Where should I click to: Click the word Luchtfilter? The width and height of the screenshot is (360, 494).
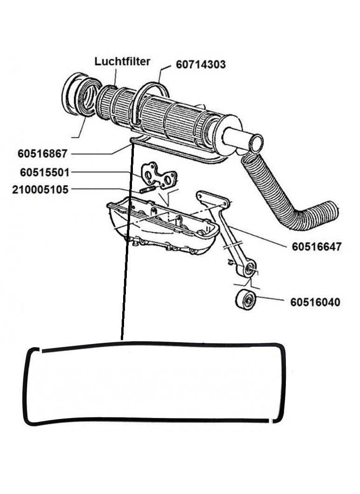(x=122, y=62)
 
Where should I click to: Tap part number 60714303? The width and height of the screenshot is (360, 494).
(x=201, y=65)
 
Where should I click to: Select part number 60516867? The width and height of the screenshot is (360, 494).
(x=42, y=154)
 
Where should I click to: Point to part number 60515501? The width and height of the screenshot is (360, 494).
(x=44, y=172)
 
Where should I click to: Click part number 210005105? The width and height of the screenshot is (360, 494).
(x=40, y=190)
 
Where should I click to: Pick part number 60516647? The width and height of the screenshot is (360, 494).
(x=317, y=247)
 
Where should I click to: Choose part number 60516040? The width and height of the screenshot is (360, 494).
(x=315, y=302)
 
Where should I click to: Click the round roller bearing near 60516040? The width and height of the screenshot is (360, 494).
(x=246, y=300)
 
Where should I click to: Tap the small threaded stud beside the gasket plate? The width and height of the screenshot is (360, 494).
(x=147, y=190)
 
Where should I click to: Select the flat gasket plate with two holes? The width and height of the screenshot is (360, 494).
(x=158, y=176)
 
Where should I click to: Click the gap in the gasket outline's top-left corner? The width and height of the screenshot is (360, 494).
(x=41, y=350)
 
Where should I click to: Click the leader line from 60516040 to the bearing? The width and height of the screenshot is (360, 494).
(x=270, y=298)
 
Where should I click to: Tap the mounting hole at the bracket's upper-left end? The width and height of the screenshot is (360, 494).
(x=200, y=195)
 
